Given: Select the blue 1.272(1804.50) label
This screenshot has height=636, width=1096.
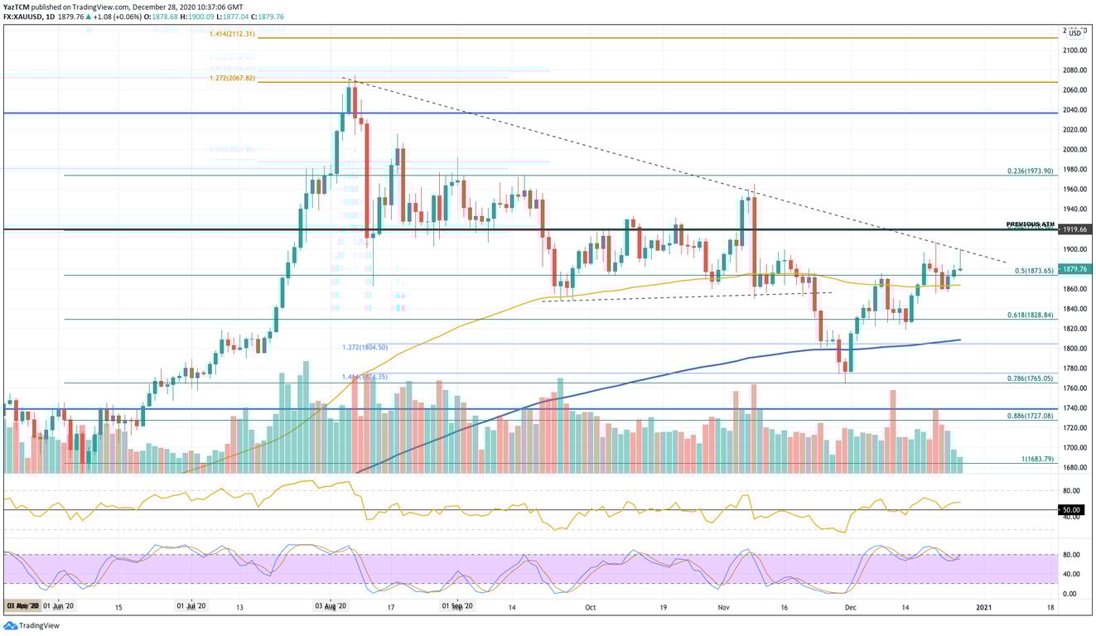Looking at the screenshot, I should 365,347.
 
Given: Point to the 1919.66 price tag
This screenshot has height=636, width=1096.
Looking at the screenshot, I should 1075,230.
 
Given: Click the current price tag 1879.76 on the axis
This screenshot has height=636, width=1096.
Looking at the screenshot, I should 1075,269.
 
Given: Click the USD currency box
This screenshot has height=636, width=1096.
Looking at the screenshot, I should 1074,33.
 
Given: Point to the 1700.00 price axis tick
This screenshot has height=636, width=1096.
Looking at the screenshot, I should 1074,448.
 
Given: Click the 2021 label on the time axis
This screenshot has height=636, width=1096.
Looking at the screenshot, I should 983,607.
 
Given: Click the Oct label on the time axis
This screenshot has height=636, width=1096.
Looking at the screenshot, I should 590,607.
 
